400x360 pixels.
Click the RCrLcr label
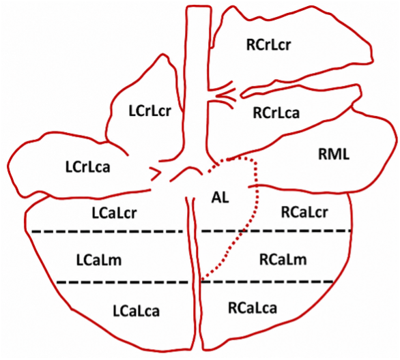268,44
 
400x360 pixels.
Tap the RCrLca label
276,112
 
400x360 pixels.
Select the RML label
334,154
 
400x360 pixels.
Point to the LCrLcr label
149,111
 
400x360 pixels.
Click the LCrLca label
88,167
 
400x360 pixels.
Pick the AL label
220,197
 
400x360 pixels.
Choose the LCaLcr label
114,213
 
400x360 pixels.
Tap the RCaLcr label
304,212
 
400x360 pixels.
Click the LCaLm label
99,260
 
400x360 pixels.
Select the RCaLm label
283,259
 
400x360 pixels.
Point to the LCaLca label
137,311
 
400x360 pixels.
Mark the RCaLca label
253,307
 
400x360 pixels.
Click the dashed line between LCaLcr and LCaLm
107,231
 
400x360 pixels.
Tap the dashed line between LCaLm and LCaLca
122,282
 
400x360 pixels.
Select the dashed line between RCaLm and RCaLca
267,282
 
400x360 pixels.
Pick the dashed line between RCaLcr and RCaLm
276,231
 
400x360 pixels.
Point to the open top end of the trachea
199,6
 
